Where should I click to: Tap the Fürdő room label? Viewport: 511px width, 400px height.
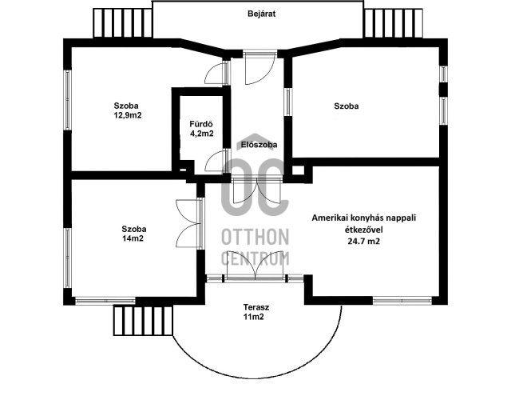200,123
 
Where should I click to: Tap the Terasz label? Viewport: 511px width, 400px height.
256,307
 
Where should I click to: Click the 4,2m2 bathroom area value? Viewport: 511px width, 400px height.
201,134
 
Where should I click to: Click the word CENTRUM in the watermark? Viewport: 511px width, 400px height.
255,258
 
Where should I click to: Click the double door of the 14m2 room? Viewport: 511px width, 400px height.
188,225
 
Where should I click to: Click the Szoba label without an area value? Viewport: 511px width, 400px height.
346,106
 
